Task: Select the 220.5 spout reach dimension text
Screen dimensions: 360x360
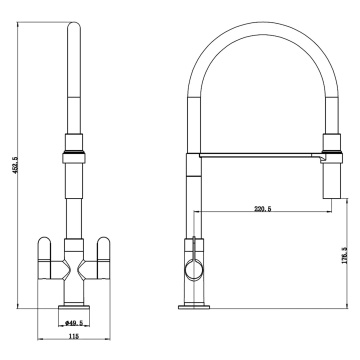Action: click(x=263, y=209)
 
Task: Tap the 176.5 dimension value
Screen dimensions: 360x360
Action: click(x=344, y=255)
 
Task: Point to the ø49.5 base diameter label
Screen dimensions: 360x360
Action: click(x=74, y=322)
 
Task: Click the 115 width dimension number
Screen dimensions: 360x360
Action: click(x=73, y=336)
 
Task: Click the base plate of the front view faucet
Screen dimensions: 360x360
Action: click(x=74, y=307)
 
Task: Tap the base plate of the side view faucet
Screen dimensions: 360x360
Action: click(x=194, y=307)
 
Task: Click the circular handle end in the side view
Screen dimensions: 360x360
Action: click(x=194, y=270)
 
